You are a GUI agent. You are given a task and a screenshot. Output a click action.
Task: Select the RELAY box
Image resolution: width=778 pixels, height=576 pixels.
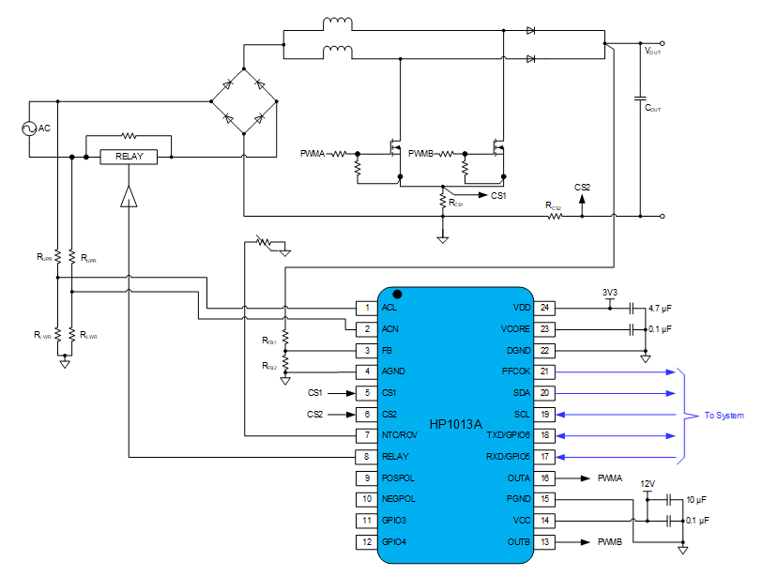(130, 157)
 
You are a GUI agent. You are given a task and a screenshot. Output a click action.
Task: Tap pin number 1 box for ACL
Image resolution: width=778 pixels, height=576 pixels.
(366, 308)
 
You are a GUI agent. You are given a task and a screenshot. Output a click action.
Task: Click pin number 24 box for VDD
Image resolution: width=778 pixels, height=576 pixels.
(545, 308)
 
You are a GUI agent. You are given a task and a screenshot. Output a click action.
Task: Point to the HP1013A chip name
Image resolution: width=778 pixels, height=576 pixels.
(455, 424)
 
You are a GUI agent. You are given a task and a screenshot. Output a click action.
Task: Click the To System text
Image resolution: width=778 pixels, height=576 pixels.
(724, 415)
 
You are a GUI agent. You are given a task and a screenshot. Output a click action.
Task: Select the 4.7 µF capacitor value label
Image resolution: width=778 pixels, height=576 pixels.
(660, 308)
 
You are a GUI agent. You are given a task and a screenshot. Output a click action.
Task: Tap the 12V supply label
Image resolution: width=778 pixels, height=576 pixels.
(647, 484)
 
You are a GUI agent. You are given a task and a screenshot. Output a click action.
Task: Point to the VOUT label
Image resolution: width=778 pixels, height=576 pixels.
(652, 52)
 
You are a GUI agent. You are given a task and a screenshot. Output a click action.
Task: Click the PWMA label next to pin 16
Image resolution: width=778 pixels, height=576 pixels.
(610, 478)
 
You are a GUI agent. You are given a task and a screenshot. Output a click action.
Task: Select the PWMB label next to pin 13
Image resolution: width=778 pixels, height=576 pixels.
(610, 542)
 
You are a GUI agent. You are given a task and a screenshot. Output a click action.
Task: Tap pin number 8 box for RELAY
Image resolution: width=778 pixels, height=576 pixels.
(366, 457)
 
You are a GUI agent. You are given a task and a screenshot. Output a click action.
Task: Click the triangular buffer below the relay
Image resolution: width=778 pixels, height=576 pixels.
(129, 194)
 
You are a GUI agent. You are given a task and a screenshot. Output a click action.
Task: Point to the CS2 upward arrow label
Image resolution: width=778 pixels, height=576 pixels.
(582, 188)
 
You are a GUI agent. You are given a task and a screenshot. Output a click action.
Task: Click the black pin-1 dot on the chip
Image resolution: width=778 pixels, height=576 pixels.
(396, 295)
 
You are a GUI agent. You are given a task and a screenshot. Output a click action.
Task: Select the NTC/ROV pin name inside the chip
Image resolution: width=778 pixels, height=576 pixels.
(399, 435)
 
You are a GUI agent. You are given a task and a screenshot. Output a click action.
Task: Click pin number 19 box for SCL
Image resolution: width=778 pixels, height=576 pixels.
(545, 414)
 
